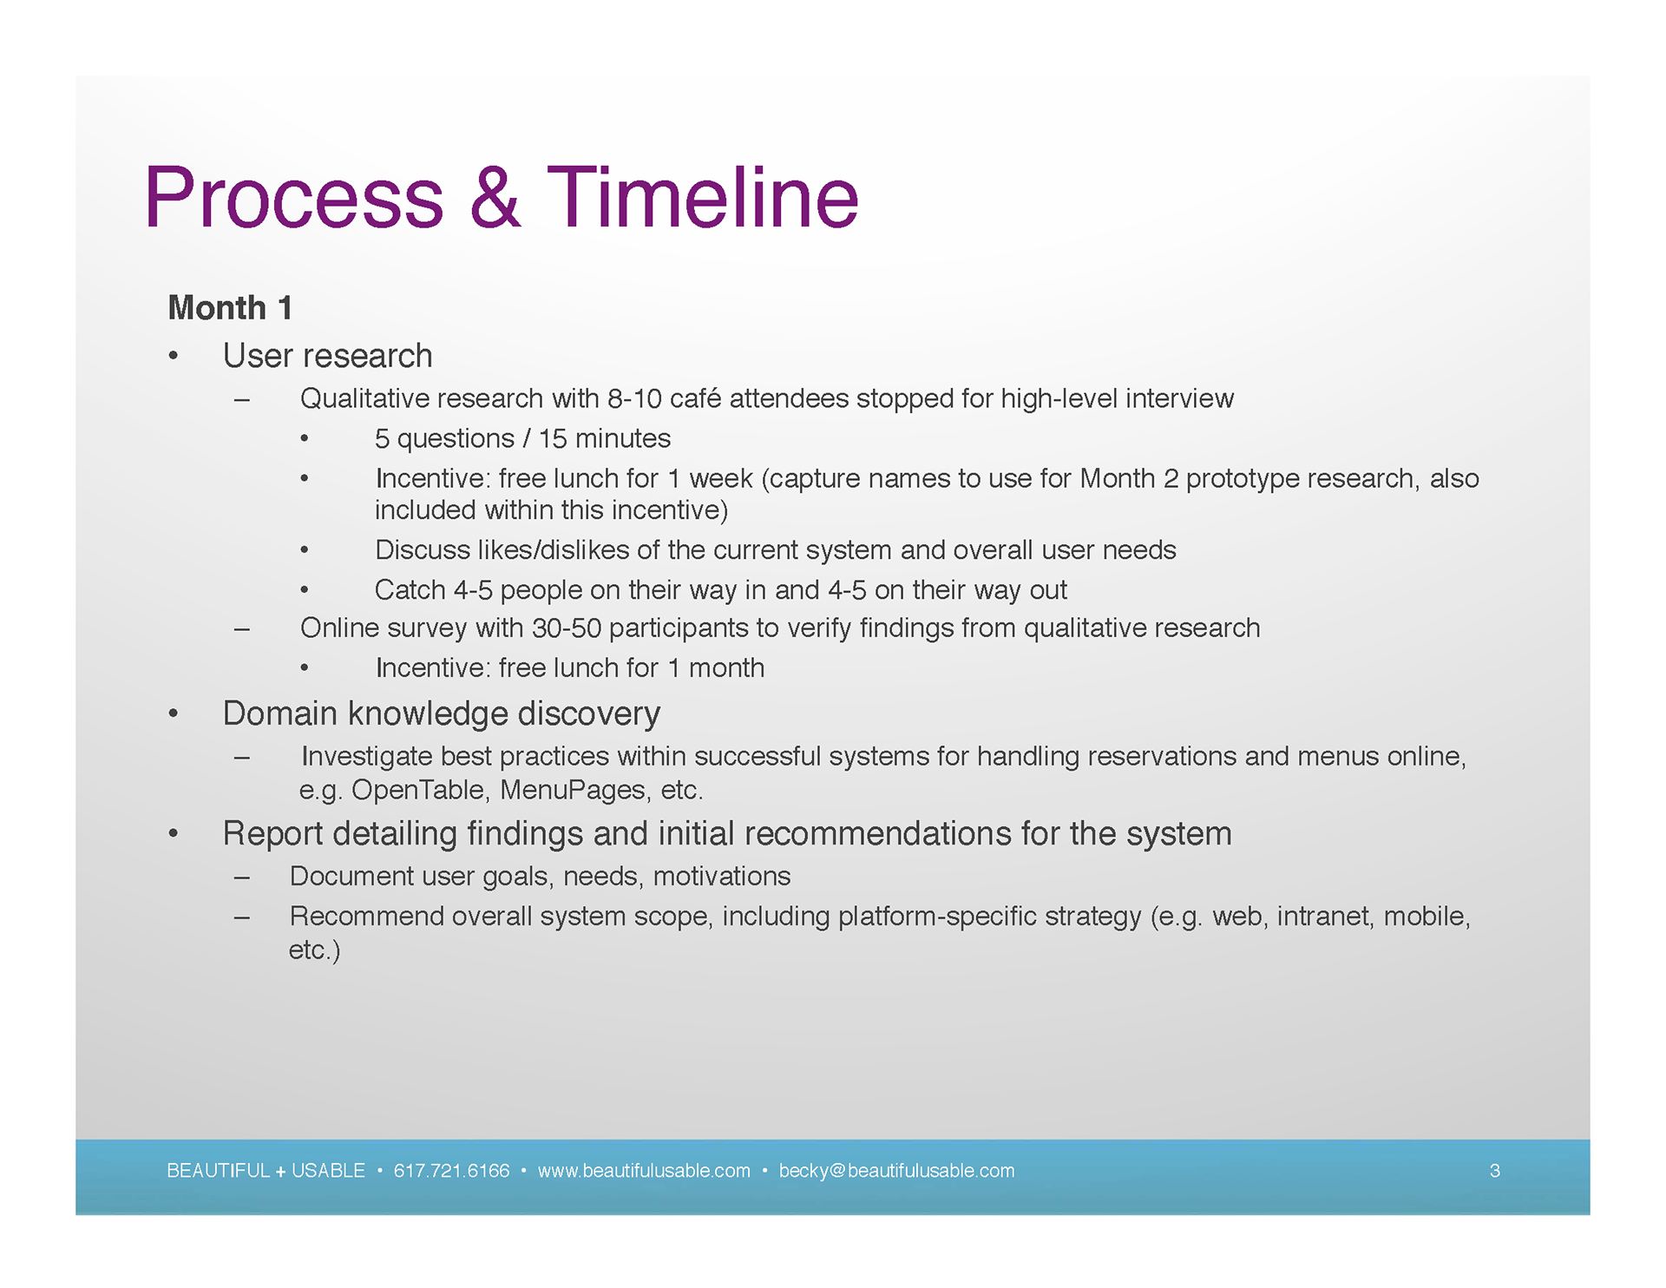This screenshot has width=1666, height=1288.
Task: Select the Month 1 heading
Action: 230,308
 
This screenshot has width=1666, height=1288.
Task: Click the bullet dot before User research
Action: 174,356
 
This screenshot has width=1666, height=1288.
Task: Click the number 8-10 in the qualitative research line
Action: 634,398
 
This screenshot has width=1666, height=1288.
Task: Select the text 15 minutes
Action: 605,438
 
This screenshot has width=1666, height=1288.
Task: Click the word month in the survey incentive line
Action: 726,668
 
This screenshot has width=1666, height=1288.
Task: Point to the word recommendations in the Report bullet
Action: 878,834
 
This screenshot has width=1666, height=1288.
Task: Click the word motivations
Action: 722,877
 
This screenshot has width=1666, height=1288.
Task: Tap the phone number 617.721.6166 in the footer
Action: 451,1171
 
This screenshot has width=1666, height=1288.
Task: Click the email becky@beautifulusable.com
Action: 896,1171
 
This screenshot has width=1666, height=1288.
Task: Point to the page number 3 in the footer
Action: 1494,1171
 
